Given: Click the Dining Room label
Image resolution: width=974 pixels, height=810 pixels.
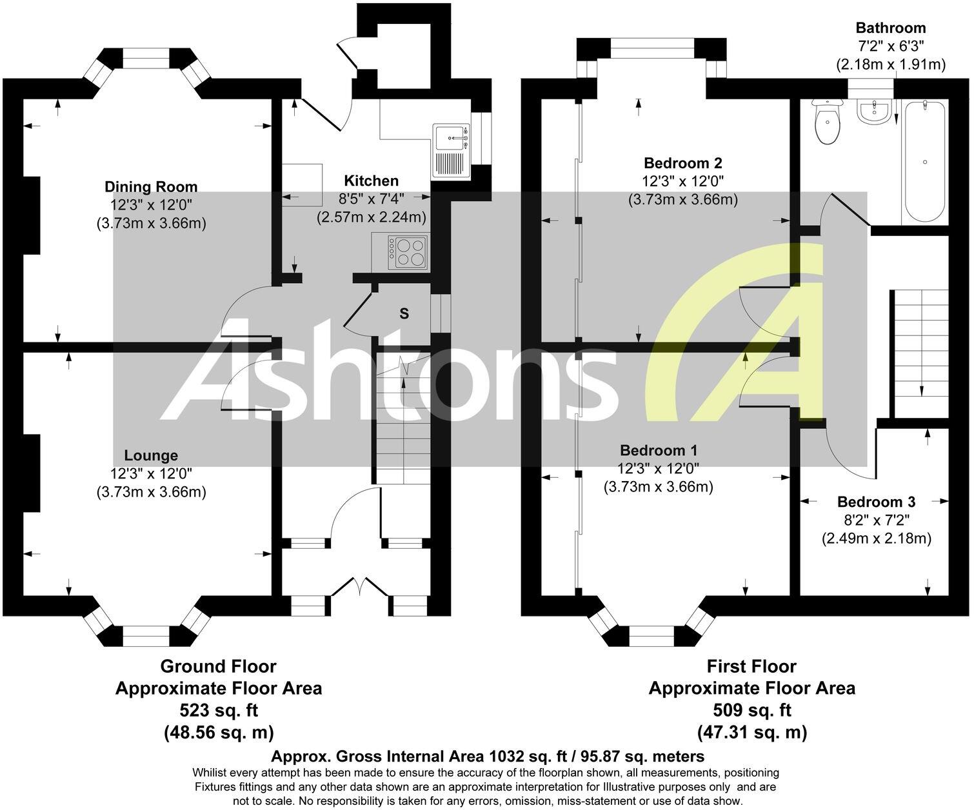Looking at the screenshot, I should pos(151,187).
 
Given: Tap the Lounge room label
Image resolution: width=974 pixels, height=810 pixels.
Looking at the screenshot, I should pos(151,455).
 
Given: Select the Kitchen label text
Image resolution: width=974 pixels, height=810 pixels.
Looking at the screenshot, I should pos(371,181).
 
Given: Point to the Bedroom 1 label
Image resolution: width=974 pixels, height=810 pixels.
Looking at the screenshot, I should pos(658,450).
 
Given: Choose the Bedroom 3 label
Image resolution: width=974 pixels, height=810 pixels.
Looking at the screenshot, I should pos(876,502).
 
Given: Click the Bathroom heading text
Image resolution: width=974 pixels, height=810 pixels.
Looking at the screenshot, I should pos(890,28).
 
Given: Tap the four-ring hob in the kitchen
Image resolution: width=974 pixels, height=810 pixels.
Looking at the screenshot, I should pos(408,252).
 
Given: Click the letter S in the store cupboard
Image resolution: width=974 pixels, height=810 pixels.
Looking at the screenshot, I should pos(404,314).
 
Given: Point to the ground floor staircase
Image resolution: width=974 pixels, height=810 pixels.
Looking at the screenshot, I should pos(403,419).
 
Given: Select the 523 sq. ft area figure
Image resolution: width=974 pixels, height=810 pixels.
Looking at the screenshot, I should pos(218,710).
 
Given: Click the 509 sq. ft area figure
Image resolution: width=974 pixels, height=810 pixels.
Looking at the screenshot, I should pos(751,710).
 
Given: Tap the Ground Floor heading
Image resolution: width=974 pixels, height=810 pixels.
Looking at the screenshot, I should pos(218,666).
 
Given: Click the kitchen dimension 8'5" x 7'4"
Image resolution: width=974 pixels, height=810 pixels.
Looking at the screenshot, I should pos(371,199).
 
